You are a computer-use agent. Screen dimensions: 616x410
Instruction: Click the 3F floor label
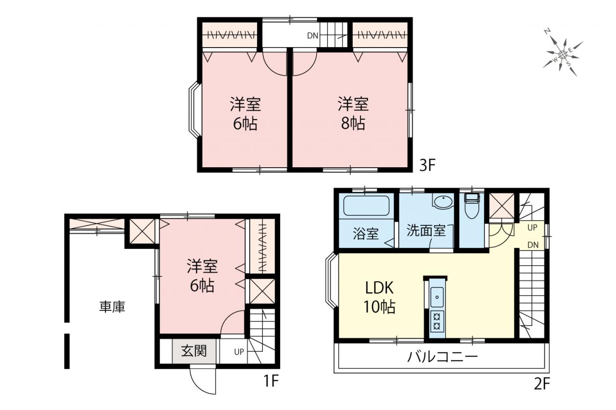coord(427,165)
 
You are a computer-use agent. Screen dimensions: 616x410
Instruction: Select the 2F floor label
coord(542,384)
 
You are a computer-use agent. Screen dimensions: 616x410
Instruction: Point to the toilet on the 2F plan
coord(471,206)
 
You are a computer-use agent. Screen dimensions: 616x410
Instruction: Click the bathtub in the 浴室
coord(366,206)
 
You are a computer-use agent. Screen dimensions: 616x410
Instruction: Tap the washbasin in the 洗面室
coord(443,202)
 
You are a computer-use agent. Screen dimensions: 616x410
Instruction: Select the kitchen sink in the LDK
coord(436,297)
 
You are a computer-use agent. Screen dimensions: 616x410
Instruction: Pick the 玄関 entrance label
coord(193,351)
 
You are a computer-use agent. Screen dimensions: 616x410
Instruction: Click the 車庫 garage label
coord(112,307)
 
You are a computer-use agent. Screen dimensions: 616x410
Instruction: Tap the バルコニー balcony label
coord(442,357)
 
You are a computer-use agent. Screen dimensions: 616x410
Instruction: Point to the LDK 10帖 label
coord(380,298)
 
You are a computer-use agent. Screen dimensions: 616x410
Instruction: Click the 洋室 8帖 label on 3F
coord(353,113)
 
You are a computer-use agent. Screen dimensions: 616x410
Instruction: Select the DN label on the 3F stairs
coord(313,36)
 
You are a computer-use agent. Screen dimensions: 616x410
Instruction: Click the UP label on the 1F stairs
coord(239,351)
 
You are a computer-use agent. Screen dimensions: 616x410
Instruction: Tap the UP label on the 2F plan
coord(532,227)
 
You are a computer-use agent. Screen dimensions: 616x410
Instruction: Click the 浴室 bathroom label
coord(366,234)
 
